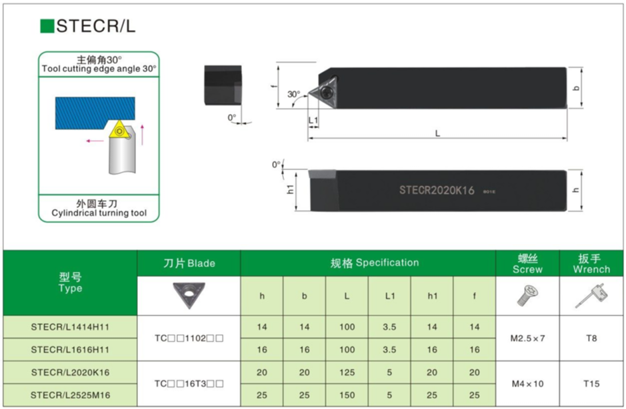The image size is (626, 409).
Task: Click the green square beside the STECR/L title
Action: click(47, 26)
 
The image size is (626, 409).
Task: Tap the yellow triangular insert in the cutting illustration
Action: click(119, 130)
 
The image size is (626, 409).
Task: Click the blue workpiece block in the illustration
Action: click(95, 113)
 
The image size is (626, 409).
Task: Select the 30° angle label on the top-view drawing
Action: click(293, 94)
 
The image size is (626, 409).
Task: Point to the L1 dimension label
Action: click(313, 120)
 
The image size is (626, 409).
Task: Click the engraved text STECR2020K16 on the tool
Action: click(437, 190)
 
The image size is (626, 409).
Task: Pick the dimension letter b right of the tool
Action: click(576, 88)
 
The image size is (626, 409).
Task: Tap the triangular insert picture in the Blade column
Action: click(189, 295)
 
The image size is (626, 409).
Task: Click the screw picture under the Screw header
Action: click(527, 296)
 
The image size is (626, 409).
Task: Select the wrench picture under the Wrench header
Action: click(591, 296)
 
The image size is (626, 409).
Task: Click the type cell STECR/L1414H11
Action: click(70, 327)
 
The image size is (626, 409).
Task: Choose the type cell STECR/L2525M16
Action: click(70, 395)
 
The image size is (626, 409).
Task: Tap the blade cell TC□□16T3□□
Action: click(189, 384)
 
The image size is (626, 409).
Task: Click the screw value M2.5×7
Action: click(527, 338)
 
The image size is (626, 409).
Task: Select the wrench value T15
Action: click(591, 384)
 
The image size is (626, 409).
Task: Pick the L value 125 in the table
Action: click(347, 372)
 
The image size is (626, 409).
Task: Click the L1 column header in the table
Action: click(389, 296)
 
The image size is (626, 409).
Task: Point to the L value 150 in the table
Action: click(347, 395)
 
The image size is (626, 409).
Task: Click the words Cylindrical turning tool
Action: click(99, 213)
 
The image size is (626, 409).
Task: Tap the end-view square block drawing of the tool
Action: click(223, 85)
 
